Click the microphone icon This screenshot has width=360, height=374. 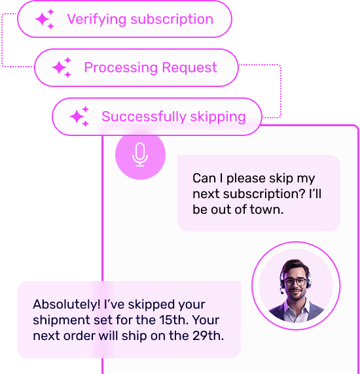click(x=140, y=154)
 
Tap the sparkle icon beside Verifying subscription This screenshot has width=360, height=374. click(x=45, y=19)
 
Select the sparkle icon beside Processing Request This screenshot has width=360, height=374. click(x=62, y=67)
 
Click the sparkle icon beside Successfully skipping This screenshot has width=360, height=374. click(x=79, y=116)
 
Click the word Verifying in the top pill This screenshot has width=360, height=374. click(x=97, y=20)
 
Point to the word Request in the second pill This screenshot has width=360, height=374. click(x=190, y=68)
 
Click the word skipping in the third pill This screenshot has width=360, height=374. click(x=218, y=117)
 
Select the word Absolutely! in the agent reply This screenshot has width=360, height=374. click(x=67, y=304)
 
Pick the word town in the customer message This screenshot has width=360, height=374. click(x=266, y=209)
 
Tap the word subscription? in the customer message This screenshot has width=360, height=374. click(x=264, y=194)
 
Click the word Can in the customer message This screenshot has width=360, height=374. click(x=204, y=178)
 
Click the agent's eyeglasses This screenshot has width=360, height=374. click(x=295, y=282)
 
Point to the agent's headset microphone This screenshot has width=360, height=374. click(x=282, y=292)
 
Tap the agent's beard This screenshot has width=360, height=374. click(x=296, y=295)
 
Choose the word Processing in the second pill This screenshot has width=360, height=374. click(x=121, y=68)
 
